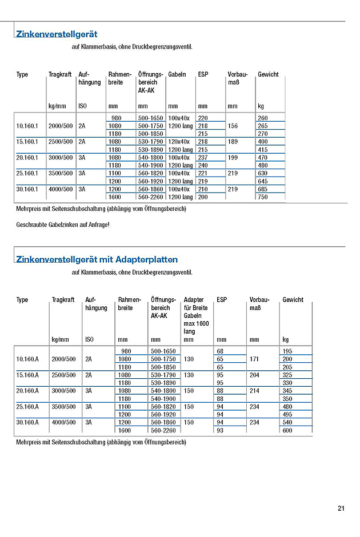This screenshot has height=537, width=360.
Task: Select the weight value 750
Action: (x=263, y=197)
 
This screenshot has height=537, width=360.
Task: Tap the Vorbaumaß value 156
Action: (x=233, y=126)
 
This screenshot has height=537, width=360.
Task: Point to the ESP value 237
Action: (x=203, y=158)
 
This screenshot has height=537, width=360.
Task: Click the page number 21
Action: (x=341, y=508)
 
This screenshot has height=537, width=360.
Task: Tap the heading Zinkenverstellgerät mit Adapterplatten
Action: (x=97, y=259)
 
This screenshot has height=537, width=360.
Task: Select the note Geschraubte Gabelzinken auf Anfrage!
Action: (x=63, y=225)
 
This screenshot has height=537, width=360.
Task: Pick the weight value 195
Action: (x=287, y=350)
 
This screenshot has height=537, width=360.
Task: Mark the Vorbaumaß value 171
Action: (x=255, y=359)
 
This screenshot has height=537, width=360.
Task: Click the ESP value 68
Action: (x=220, y=350)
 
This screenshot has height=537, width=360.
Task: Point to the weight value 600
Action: (x=287, y=430)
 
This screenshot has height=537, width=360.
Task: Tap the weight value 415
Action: (x=263, y=150)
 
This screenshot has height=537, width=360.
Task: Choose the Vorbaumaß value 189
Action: (x=233, y=142)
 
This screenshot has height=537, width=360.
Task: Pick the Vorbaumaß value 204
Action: (x=255, y=375)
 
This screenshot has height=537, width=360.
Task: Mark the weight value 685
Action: (x=263, y=189)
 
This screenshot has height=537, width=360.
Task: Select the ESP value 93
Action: (x=220, y=430)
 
